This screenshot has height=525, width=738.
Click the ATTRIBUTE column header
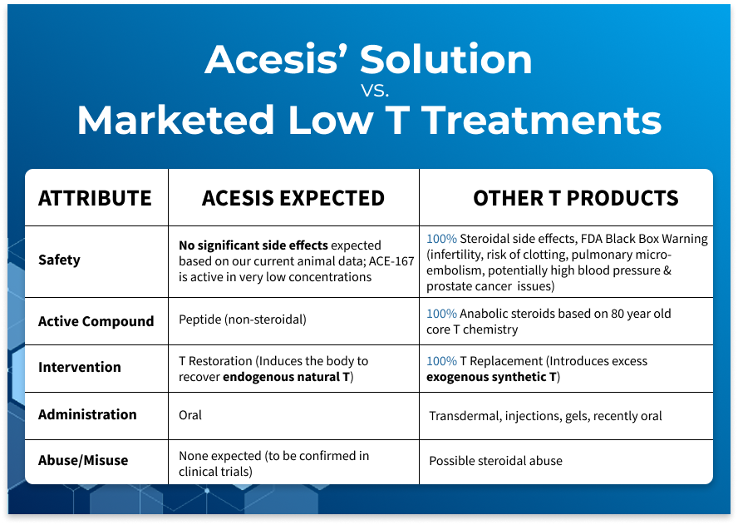(95, 198)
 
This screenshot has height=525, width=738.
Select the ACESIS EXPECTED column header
(293, 198)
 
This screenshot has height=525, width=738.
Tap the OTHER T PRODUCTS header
(576, 198)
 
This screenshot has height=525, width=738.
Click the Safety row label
(59, 260)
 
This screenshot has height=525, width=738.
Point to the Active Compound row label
(96, 321)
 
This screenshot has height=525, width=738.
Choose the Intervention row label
(80, 367)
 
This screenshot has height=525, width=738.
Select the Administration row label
(87, 414)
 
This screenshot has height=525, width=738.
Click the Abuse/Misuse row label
(83, 460)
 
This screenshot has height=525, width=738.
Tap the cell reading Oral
(190, 415)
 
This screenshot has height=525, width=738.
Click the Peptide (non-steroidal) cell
(243, 320)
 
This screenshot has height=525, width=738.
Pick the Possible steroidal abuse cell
(495, 461)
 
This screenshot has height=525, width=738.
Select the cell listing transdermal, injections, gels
(545, 416)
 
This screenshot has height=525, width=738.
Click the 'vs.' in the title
(375, 90)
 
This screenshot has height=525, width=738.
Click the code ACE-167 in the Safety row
(391, 261)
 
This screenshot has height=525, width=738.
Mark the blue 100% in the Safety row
(441, 239)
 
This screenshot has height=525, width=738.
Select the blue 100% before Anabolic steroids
(441, 314)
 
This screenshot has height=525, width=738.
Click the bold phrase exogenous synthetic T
(491, 377)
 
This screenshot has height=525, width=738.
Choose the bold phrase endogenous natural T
(287, 377)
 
